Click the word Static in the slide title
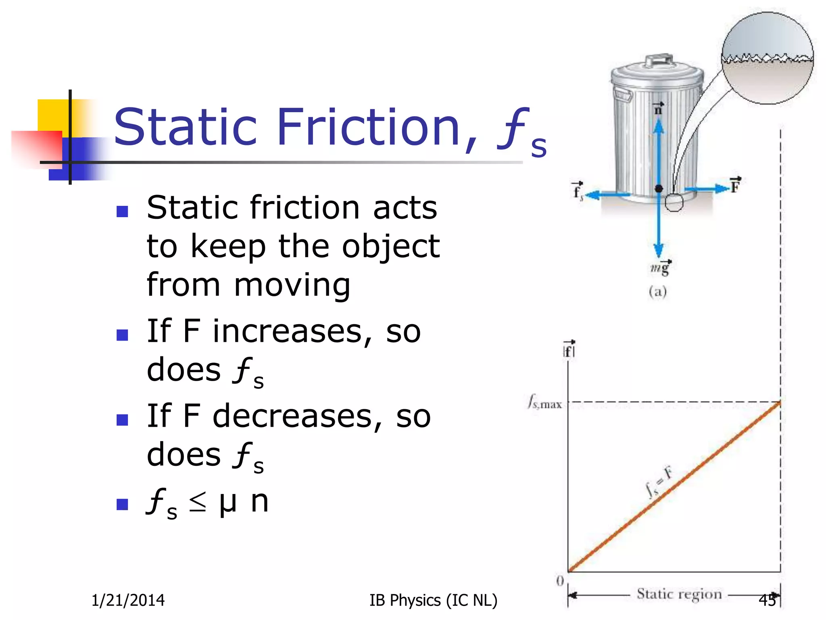click(x=186, y=127)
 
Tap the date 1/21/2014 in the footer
click(x=128, y=600)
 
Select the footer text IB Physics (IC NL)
click(x=433, y=600)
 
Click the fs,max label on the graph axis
click(x=545, y=403)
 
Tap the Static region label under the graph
click(x=679, y=594)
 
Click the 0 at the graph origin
click(x=560, y=581)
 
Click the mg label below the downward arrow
click(x=660, y=268)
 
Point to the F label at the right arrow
click(x=735, y=186)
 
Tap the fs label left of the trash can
click(x=578, y=191)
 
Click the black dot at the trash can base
click(x=659, y=189)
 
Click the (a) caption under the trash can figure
click(x=657, y=291)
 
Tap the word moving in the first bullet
click(x=292, y=285)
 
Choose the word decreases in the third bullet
click(x=292, y=417)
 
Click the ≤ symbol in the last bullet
click(x=198, y=503)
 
